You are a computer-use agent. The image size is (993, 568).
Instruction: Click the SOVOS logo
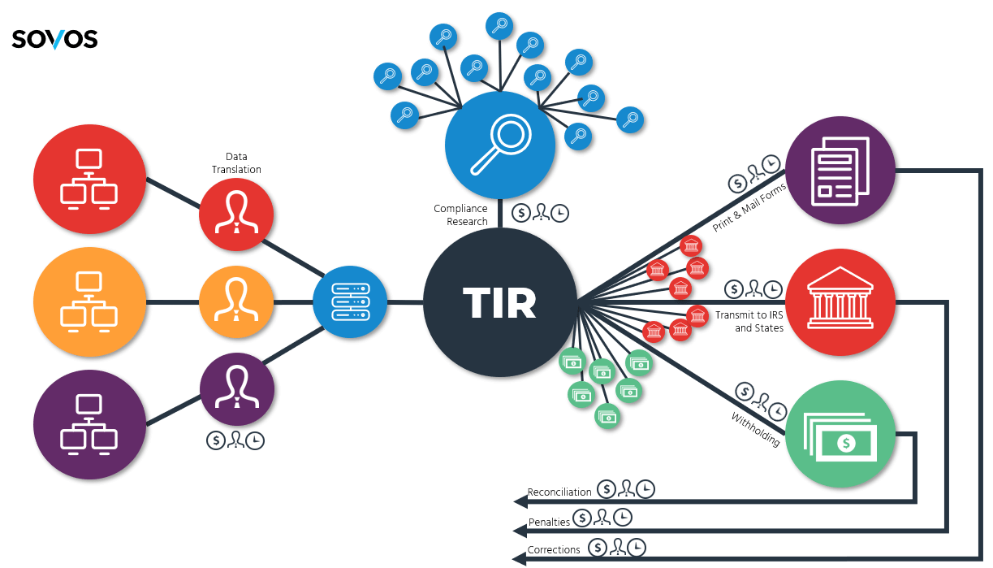[54, 38]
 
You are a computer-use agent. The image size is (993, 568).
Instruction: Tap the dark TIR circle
[499, 302]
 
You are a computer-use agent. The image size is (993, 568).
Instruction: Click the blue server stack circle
[350, 301]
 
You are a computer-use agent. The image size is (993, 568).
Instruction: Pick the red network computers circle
[89, 180]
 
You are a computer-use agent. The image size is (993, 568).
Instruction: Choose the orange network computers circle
[89, 302]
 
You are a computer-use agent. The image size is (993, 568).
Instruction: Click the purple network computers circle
[89, 424]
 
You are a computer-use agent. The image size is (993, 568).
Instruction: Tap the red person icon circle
[236, 215]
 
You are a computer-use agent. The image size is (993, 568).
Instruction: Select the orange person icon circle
[236, 302]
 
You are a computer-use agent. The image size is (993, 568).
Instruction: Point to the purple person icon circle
[236, 389]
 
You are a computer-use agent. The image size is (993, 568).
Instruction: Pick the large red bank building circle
[840, 302]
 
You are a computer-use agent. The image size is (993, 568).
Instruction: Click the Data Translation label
[236, 163]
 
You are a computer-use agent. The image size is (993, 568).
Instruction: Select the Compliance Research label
[460, 215]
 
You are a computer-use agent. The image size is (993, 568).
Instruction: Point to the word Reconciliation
[559, 492]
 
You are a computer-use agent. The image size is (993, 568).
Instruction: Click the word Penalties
[550, 522]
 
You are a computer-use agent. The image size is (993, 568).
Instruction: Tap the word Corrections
[554, 549]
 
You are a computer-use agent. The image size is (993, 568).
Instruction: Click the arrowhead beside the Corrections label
[518, 558]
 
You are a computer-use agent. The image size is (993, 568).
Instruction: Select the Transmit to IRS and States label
[749, 321]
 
